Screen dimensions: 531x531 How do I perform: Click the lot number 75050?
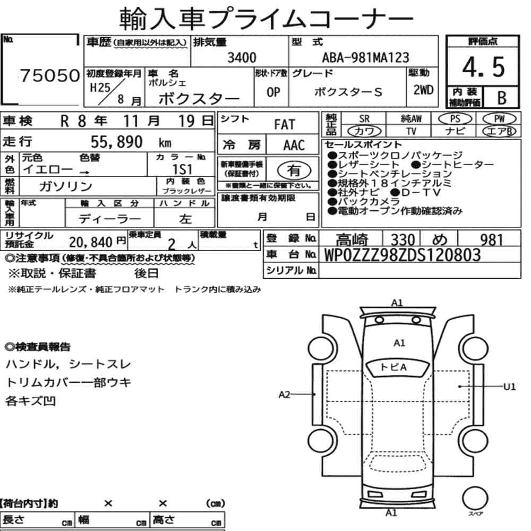(50, 75)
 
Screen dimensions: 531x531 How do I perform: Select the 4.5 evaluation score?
(483, 67)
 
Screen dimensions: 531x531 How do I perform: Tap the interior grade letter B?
(502, 98)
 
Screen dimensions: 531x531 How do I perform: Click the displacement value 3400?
(242, 57)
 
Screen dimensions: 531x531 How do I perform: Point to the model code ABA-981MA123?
(365, 57)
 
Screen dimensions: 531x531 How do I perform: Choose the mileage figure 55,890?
(116, 142)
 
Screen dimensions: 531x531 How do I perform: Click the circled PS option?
(455, 119)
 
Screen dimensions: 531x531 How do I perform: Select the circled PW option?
(499, 119)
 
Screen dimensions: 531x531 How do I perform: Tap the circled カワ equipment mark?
(364, 131)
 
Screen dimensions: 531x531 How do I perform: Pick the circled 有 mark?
(294, 170)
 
